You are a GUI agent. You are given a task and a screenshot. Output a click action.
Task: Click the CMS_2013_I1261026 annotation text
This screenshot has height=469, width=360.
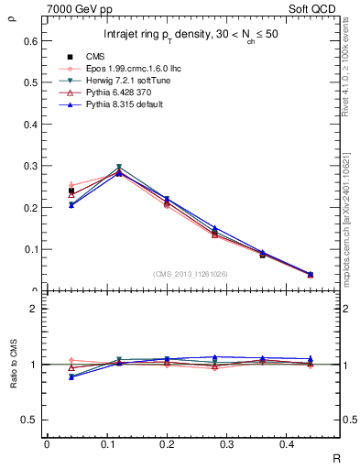[x=190, y=274]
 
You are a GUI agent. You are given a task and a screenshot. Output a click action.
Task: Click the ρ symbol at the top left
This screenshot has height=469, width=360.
[x=12, y=13]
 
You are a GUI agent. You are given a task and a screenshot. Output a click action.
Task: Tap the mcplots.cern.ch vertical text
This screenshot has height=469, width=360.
[x=351, y=211]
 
